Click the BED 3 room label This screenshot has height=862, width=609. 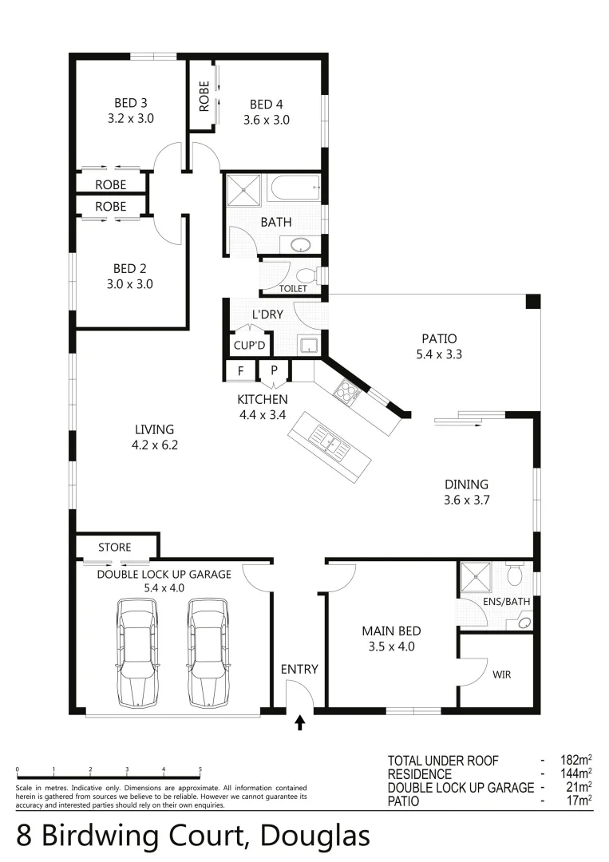coord(131,102)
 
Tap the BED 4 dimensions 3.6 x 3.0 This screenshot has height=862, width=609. coord(266,120)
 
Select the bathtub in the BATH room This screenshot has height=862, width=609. coord(295,191)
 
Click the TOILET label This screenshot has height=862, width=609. coord(293,288)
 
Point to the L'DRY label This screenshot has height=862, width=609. coord(267,314)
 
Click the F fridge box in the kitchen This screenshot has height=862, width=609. coord(240,370)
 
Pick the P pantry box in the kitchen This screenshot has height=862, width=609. coord(274,370)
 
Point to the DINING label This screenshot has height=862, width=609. coord(466,484)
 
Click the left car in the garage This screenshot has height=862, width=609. coord(136,652)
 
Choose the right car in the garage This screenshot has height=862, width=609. coord(208,652)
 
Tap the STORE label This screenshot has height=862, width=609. coord(114,548)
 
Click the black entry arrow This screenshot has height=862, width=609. coord(300,722)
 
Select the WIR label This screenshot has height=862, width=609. coord(501,674)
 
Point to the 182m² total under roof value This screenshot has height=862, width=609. coord(575,760)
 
